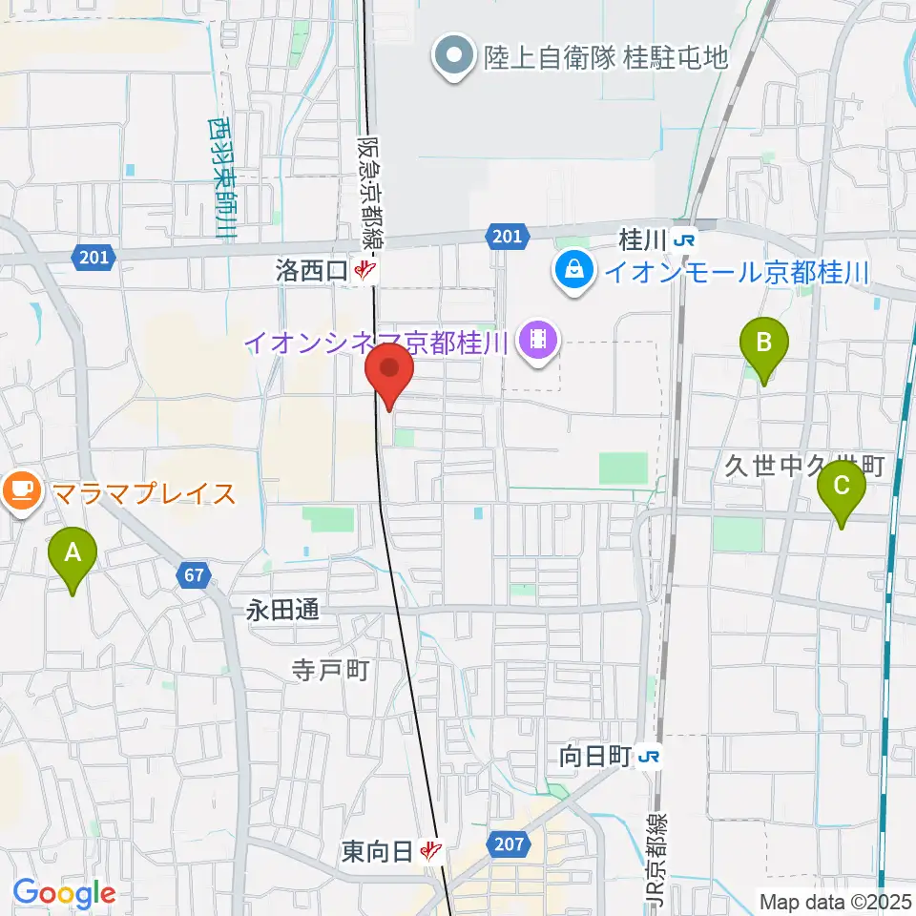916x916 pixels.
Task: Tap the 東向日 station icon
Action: [x=432, y=848]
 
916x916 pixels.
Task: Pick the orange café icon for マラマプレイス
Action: [x=21, y=492]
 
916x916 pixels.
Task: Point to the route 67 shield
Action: [x=194, y=575]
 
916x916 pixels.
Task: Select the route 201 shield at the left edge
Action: [x=93, y=256]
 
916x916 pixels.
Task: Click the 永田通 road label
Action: [x=282, y=612]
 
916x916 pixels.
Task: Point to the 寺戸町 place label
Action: [x=330, y=671]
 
